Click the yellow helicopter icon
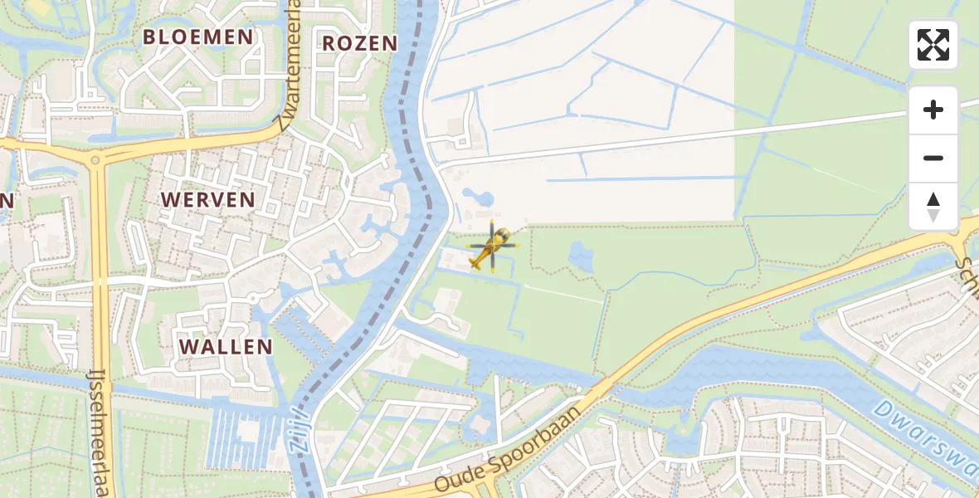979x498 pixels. click(x=492, y=247)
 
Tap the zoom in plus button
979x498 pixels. click(x=933, y=110)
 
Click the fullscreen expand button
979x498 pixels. click(x=933, y=45)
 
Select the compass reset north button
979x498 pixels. click(x=933, y=207)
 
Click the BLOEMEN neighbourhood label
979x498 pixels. click(x=197, y=37)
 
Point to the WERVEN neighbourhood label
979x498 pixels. click(x=207, y=199)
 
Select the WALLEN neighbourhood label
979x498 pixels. click(x=226, y=346)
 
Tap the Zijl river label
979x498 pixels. click(x=300, y=430)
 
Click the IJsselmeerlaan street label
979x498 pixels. click(x=100, y=432)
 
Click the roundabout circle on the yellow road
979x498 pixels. click(x=95, y=160)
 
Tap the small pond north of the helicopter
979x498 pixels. click(x=480, y=198)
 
